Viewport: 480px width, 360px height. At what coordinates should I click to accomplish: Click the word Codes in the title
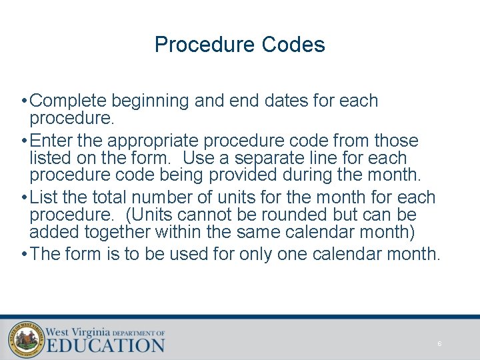(293, 45)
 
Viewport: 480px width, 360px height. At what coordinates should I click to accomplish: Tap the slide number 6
(439, 344)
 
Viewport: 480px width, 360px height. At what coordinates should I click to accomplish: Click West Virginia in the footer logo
(77, 331)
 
